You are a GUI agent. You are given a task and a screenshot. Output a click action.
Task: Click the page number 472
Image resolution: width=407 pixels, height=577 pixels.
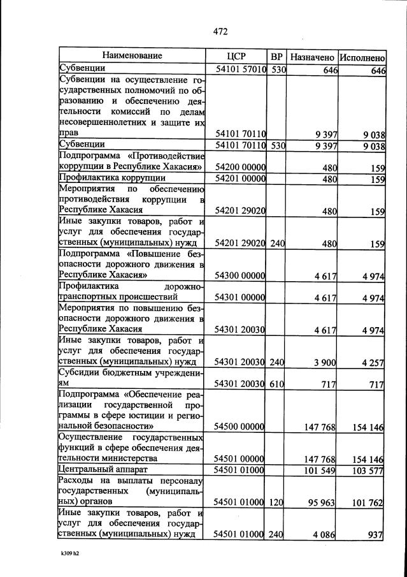(220, 31)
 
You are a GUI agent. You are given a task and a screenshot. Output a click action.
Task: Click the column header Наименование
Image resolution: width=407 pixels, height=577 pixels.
(132, 56)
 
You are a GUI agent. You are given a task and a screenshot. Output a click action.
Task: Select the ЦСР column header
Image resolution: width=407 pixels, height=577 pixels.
(236, 56)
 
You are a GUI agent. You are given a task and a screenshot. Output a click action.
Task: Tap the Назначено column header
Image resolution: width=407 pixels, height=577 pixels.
(312, 56)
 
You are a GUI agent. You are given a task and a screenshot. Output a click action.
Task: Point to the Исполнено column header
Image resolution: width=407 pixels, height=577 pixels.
(362, 56)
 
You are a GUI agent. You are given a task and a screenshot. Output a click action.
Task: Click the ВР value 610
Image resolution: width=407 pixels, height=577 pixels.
(276, 384)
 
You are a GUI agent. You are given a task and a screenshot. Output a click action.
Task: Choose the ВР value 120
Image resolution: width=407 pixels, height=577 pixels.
(276, 502)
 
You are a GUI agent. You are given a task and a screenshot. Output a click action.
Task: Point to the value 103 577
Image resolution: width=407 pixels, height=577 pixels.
(368, 471)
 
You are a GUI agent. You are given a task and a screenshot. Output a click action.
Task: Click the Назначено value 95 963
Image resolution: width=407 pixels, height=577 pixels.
(322, 502)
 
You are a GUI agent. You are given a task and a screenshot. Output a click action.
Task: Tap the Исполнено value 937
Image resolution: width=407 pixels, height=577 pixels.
(376, 534)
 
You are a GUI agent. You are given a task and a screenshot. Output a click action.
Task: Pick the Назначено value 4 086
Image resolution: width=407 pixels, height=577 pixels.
(324, 534)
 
